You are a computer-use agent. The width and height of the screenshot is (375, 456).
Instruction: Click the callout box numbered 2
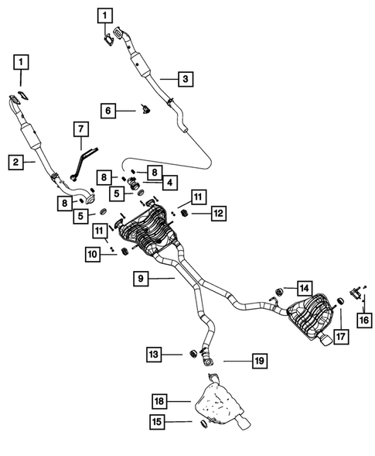coord(15,162)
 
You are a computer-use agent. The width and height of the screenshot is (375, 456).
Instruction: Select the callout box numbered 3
coord(186,78)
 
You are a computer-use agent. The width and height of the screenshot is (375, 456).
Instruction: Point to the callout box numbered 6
coord(108,111)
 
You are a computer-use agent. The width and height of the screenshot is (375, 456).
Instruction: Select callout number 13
coord(155,354)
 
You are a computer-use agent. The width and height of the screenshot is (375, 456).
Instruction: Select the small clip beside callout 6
coord(144,111)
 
